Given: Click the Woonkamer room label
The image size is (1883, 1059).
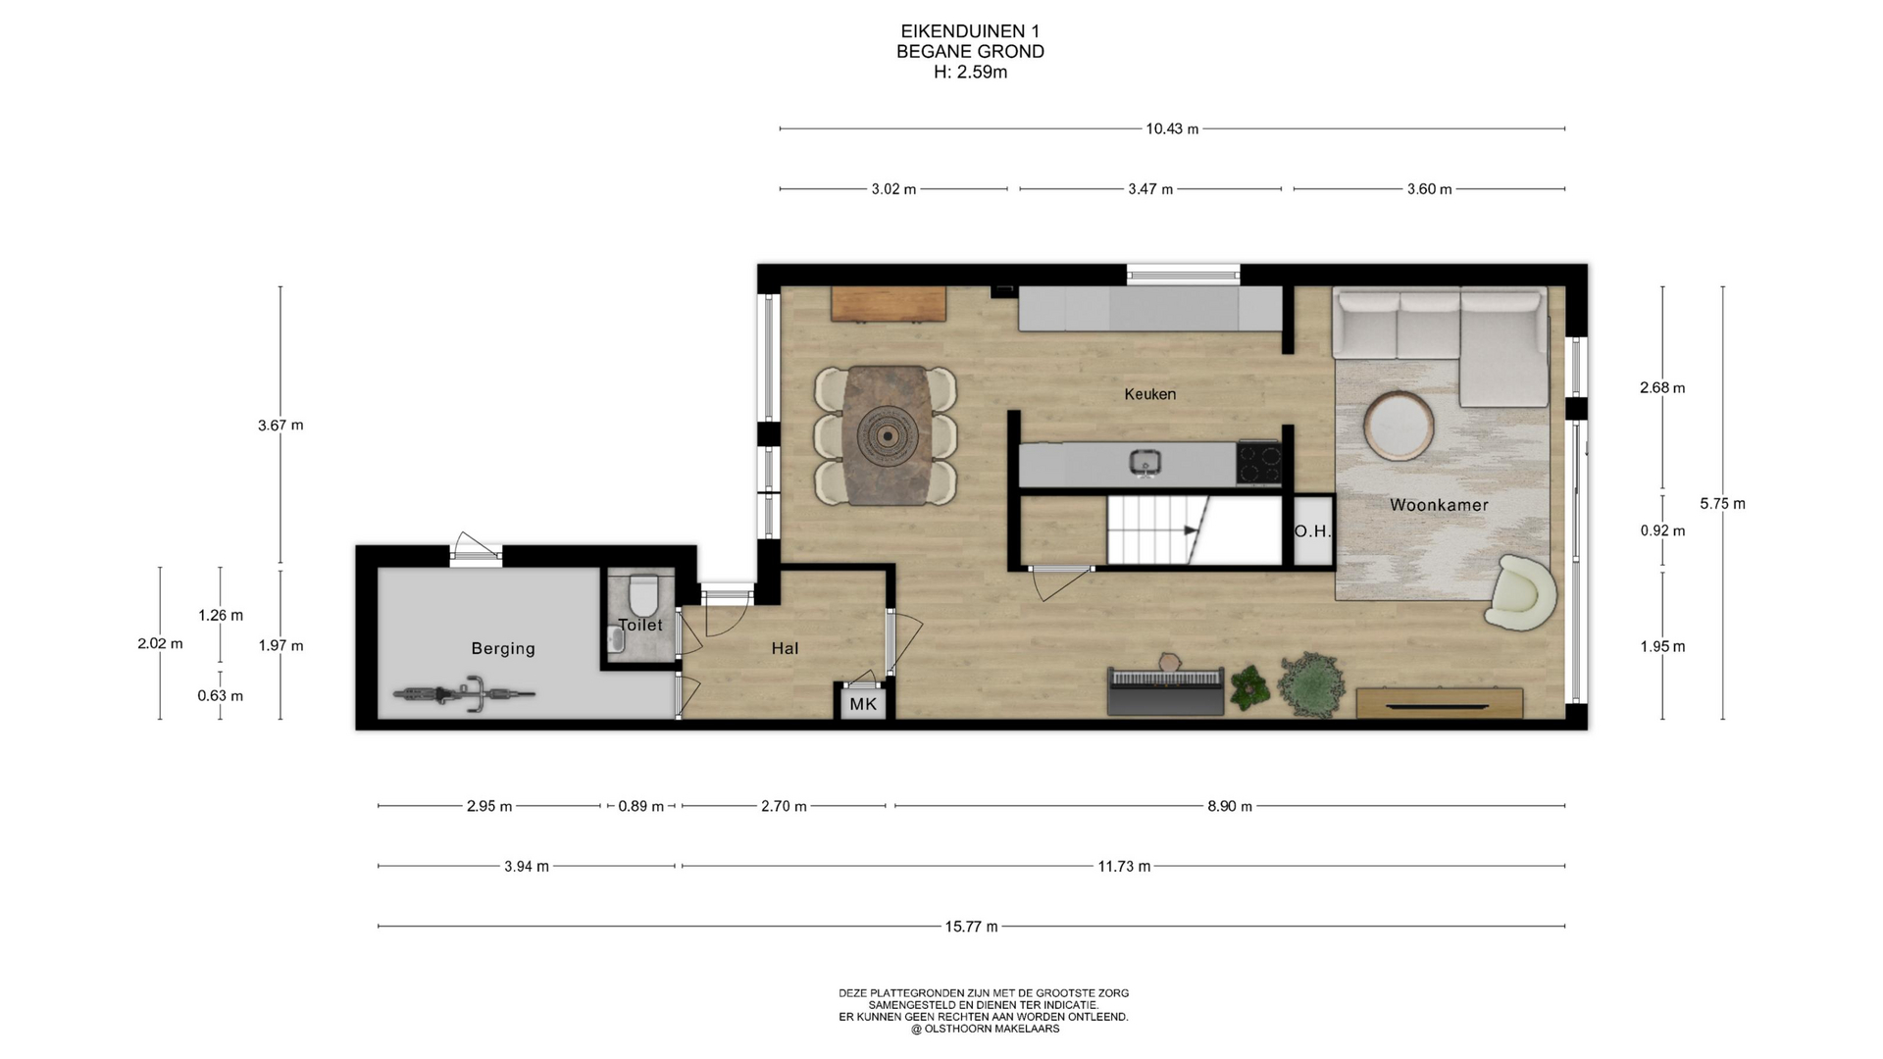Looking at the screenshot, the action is tap(1439, 505).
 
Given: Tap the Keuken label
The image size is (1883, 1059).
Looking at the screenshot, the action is tap(1149, 394).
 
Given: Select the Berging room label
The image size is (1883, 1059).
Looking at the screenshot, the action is tap(503, 648).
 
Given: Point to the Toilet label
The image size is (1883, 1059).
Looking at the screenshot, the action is tap(640, 625).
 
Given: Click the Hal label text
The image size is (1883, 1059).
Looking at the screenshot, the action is tap(785, 648).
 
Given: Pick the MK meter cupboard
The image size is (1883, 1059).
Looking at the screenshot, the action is tap(863, 703).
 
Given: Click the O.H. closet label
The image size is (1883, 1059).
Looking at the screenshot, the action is tap(1312, 531).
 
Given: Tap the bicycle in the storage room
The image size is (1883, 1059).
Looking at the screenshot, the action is tap(465, 693).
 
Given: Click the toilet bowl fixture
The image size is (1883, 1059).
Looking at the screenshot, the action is tap(643, 594).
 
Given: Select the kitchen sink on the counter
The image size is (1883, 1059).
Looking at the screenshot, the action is tap(1143, 462).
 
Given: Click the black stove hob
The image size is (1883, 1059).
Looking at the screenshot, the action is tap(1258, 464).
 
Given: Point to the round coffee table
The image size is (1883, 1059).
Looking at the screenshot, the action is tap(1399, 426).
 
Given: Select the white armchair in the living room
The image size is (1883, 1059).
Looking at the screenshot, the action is tap(1520, 592).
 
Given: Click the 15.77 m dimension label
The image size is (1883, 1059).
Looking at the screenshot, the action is tap(971, 927).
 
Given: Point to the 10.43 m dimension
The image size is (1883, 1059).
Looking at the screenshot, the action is tap(1172, 128).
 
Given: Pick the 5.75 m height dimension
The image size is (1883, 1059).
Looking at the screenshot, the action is tap(1723, 504).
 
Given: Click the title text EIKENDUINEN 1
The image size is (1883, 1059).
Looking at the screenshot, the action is tap(970, 31).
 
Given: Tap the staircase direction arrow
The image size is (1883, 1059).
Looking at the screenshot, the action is tap(1192, 530).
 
